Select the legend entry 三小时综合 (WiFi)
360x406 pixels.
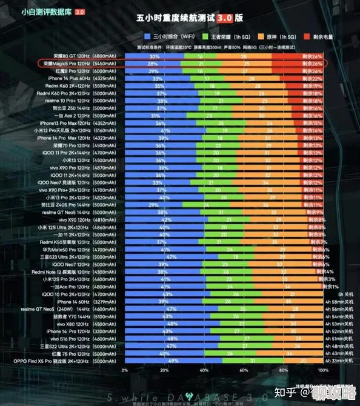click(x=165, y=36)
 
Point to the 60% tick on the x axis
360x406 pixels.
click(x=243, y=369)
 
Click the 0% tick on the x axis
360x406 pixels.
click(x=125, y=369)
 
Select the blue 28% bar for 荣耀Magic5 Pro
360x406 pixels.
click(x=152, y=63)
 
